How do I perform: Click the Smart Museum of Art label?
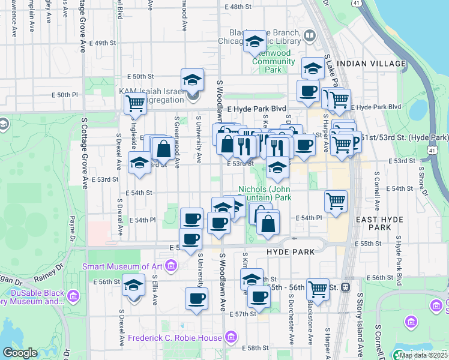pos(123,266)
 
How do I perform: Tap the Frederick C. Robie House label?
pos(175,338)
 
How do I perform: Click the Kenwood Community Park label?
pos(273,61)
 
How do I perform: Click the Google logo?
pos(20,353)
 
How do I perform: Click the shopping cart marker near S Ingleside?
pos(136,103)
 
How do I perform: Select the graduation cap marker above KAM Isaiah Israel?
pos(192,79)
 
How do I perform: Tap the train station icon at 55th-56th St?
pos(345,287)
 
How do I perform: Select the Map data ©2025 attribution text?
pos(423,355)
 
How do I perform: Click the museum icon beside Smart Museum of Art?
pos(171,265)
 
